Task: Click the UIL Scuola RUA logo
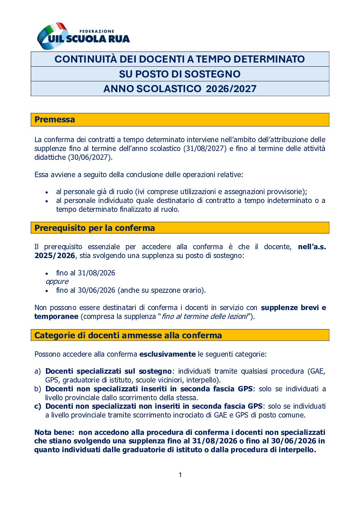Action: click(83, 36)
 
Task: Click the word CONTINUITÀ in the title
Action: click(85, 59)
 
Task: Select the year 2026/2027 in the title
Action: click(231, 89)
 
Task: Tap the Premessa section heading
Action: click(55, 120)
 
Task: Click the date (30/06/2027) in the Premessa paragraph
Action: click(90, 157)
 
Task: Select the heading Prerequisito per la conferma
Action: click(95, 228)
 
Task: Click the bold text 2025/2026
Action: click(54, 256)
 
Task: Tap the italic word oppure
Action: click(57, 282)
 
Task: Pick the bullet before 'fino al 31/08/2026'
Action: click(47, 273)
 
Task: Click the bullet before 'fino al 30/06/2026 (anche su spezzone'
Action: click(47, 291)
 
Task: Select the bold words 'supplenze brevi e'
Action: click(293, 308)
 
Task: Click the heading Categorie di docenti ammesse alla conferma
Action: click(128, 335)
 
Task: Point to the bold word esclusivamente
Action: click(167, 354)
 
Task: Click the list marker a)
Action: click(37, 371)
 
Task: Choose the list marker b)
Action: click(37, 389)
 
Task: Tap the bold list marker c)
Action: click(37, 406)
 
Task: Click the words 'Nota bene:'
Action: click(54, 432)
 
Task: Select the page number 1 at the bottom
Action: click(180, 475)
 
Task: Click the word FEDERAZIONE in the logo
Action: click(97, 31)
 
